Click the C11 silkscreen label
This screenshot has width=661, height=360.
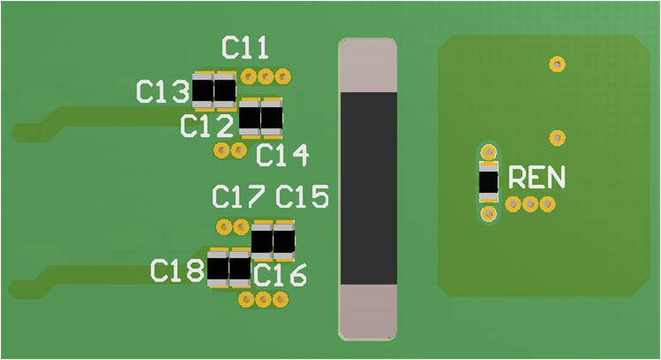click(x=245, y=48)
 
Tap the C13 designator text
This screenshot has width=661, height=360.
click(x=162, y=91)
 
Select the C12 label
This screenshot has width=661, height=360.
click(x=206, y=126)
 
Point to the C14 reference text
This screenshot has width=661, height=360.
click(x=282, y=157)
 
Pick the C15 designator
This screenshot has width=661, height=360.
click(x=302, y=195)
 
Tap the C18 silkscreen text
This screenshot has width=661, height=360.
click(x=177, y=271)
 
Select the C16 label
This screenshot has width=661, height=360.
click(x=280, y=276)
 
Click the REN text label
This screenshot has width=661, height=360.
click(x=535, y=179)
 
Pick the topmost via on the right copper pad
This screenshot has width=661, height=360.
click(x=557, y=64)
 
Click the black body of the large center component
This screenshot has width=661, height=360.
click(x=368, y=188)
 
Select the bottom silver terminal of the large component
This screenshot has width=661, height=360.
click(x=368, y=311)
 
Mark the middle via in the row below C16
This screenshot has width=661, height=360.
click(x=263, y=301)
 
